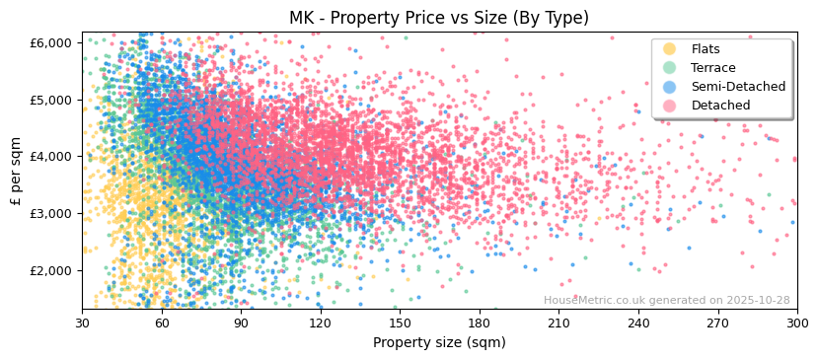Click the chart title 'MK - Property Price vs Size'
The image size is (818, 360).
click(438, 18)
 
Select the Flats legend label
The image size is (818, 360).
click(705, 49)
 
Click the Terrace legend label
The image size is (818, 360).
click(712, 68)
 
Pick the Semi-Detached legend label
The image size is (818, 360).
click(738, 87)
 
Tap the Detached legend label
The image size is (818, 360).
click(719, 106)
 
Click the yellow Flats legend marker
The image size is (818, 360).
click(670, 49)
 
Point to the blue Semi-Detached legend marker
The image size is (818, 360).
click(670, 87)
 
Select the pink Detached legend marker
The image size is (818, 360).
click(670, 106)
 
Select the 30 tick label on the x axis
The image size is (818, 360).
click(82, 323)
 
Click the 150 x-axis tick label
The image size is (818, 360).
click(400, 323)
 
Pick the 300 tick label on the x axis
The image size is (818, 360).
click(796, 323)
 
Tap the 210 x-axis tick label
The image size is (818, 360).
click(558, 323)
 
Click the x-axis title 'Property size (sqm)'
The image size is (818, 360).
click(438, 343)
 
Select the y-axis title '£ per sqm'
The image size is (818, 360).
click(17, 171)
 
